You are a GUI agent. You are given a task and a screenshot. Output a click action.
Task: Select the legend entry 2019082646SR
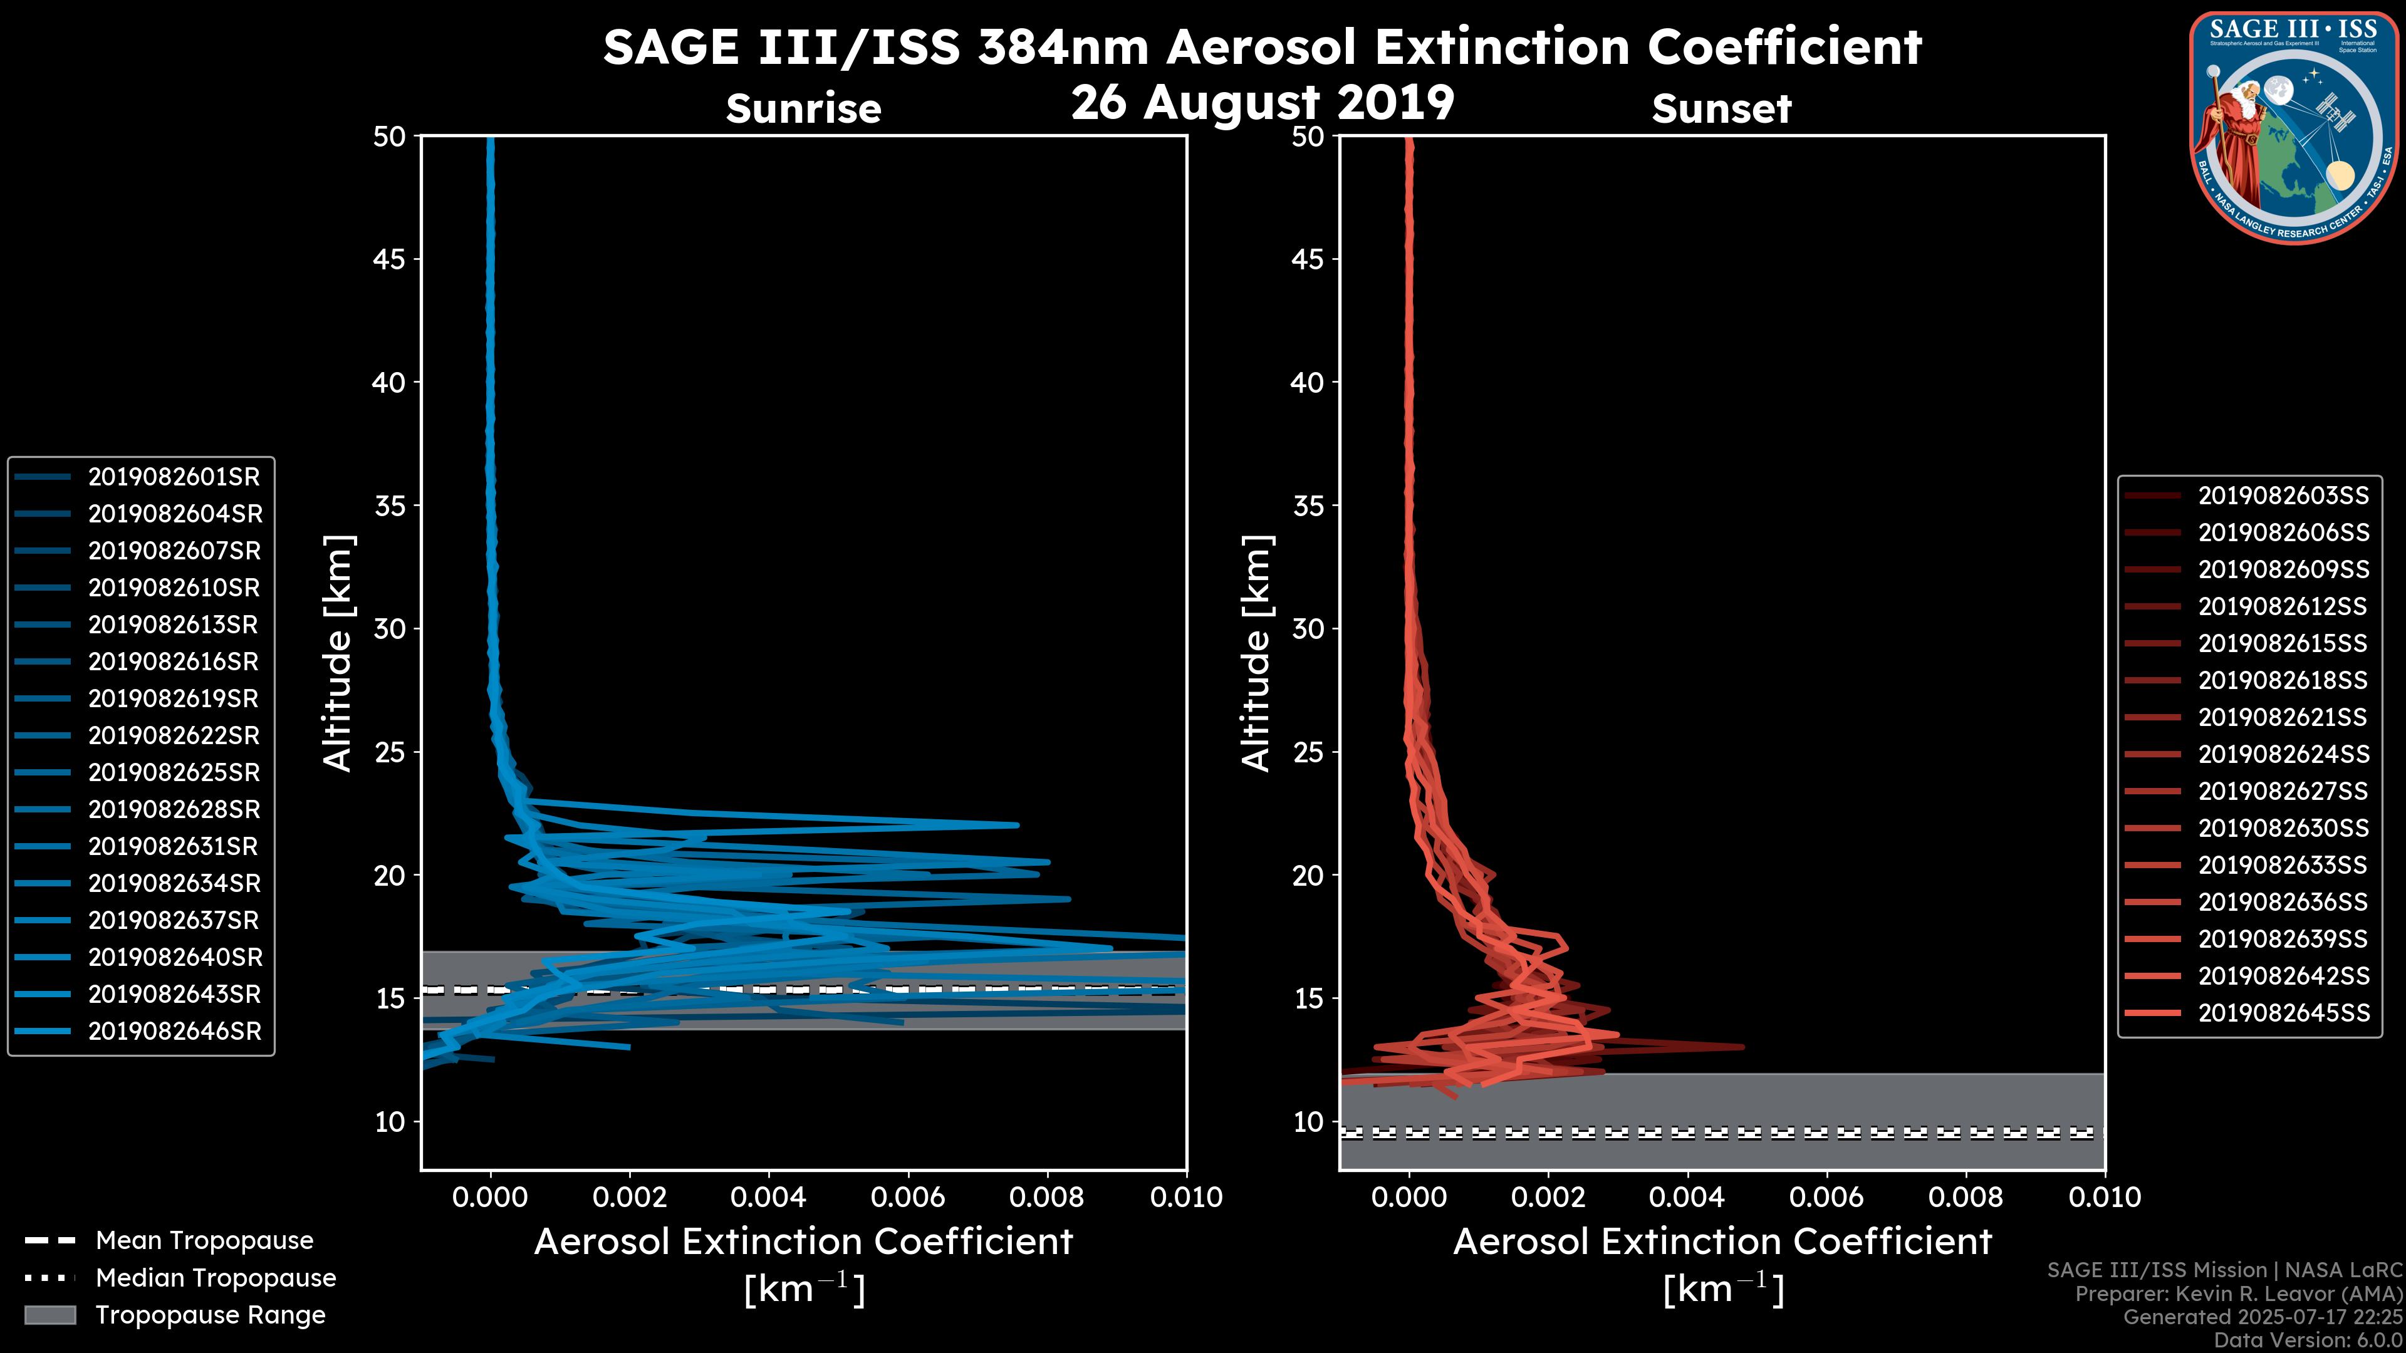tap(175, 1032)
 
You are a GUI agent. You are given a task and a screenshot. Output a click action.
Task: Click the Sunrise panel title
tap(803, 109)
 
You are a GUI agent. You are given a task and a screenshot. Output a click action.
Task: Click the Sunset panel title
tap(1721, 109)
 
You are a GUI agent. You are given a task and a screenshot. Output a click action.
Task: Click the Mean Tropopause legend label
tap(204, 1241)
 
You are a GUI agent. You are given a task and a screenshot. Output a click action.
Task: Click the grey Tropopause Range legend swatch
tap(50, 1315)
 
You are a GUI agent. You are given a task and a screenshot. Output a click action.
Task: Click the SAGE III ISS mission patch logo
tap(2294, 128)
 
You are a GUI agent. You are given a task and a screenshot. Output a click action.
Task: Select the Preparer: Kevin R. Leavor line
tap(2238, 1294)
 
